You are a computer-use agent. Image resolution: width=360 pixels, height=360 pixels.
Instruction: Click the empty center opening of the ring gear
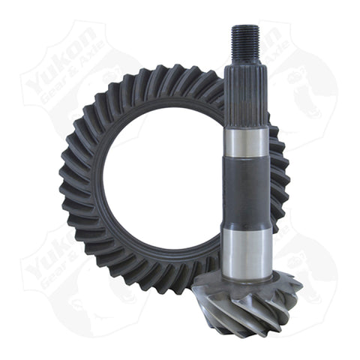pyautogui.click(x=160, y=184)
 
